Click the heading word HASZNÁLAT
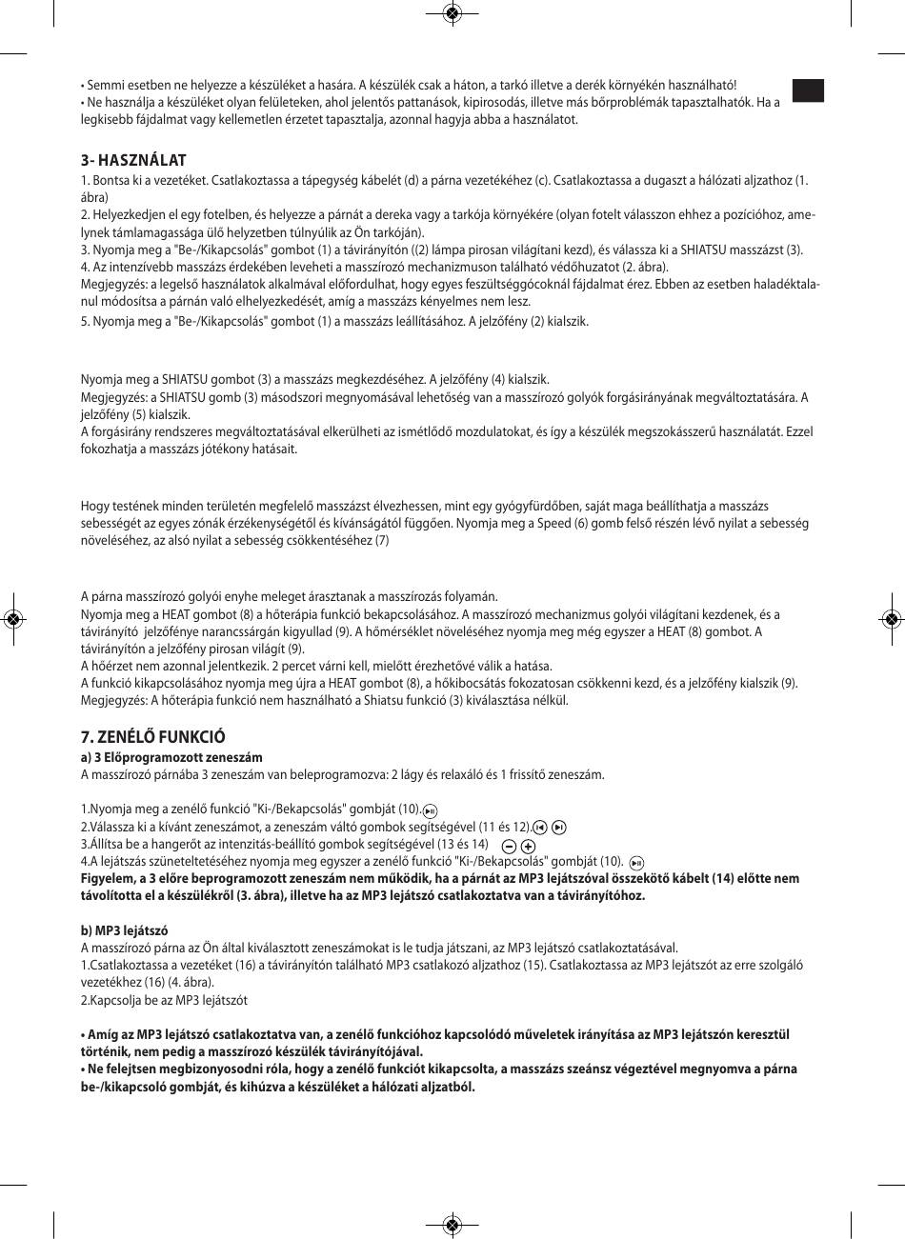click(142, 160)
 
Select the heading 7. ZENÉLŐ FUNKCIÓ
click(152, 737)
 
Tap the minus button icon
click(510, 846)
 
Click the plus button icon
click(529, 846)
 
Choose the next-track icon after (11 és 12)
click(559, 827)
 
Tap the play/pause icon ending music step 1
click(430, 810)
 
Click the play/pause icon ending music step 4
click(636, 862)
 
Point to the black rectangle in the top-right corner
click(807, 90)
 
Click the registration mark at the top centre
click(452, 12)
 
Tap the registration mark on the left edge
click(12, 619)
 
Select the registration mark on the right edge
click(892, 619)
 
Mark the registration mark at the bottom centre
click(452, 1225)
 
